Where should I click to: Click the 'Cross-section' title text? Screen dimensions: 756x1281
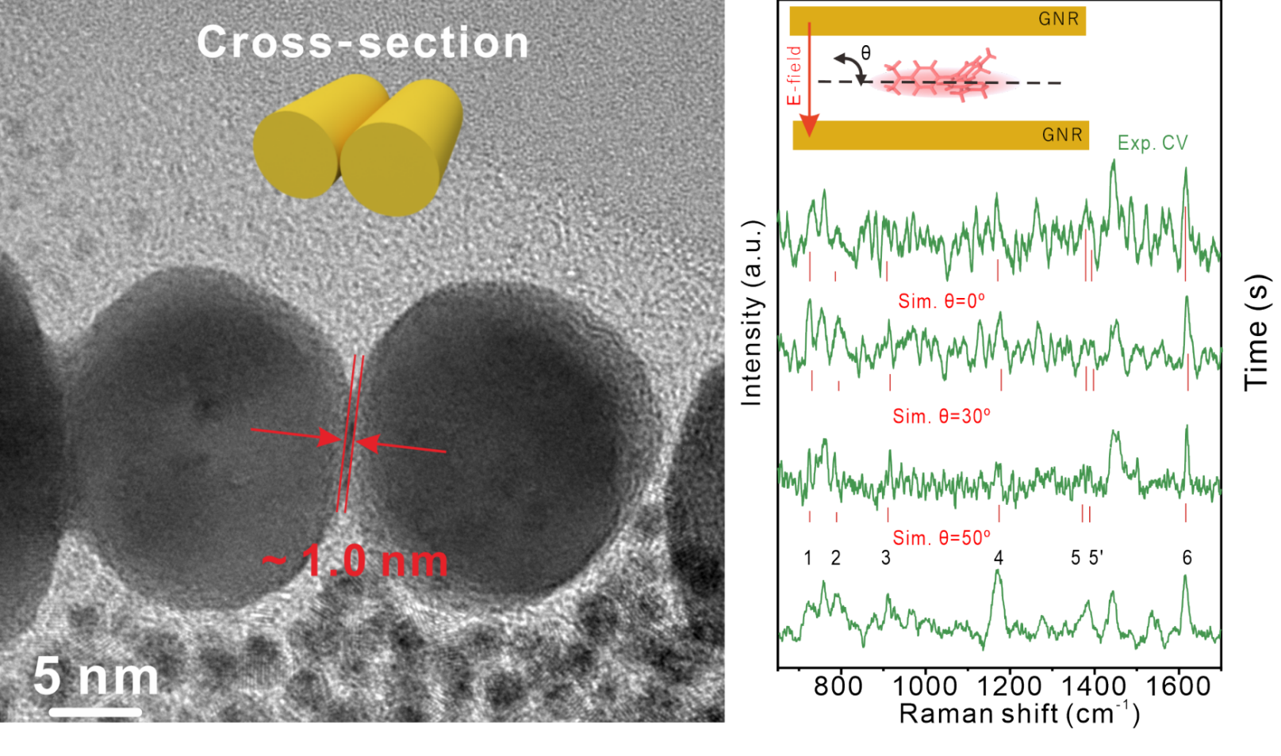362,42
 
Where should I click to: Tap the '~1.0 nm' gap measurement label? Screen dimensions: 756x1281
355,561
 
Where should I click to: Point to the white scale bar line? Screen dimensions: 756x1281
95,712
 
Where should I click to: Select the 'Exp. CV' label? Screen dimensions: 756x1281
1152,143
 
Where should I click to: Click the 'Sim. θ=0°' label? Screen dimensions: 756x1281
941,301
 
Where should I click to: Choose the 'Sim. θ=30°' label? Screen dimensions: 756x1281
941,416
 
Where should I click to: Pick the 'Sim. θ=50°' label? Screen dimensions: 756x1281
941,538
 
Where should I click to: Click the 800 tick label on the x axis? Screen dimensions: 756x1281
838,685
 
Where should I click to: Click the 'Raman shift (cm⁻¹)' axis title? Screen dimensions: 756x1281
1019,714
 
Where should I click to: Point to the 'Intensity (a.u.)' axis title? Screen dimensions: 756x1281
751,313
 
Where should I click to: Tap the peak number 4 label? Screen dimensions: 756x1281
998,558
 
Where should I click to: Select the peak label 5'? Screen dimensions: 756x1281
1095,558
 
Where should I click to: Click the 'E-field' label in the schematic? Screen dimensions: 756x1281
794,75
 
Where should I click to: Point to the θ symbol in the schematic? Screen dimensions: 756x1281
865,52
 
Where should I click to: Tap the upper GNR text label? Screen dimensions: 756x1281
1058,20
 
